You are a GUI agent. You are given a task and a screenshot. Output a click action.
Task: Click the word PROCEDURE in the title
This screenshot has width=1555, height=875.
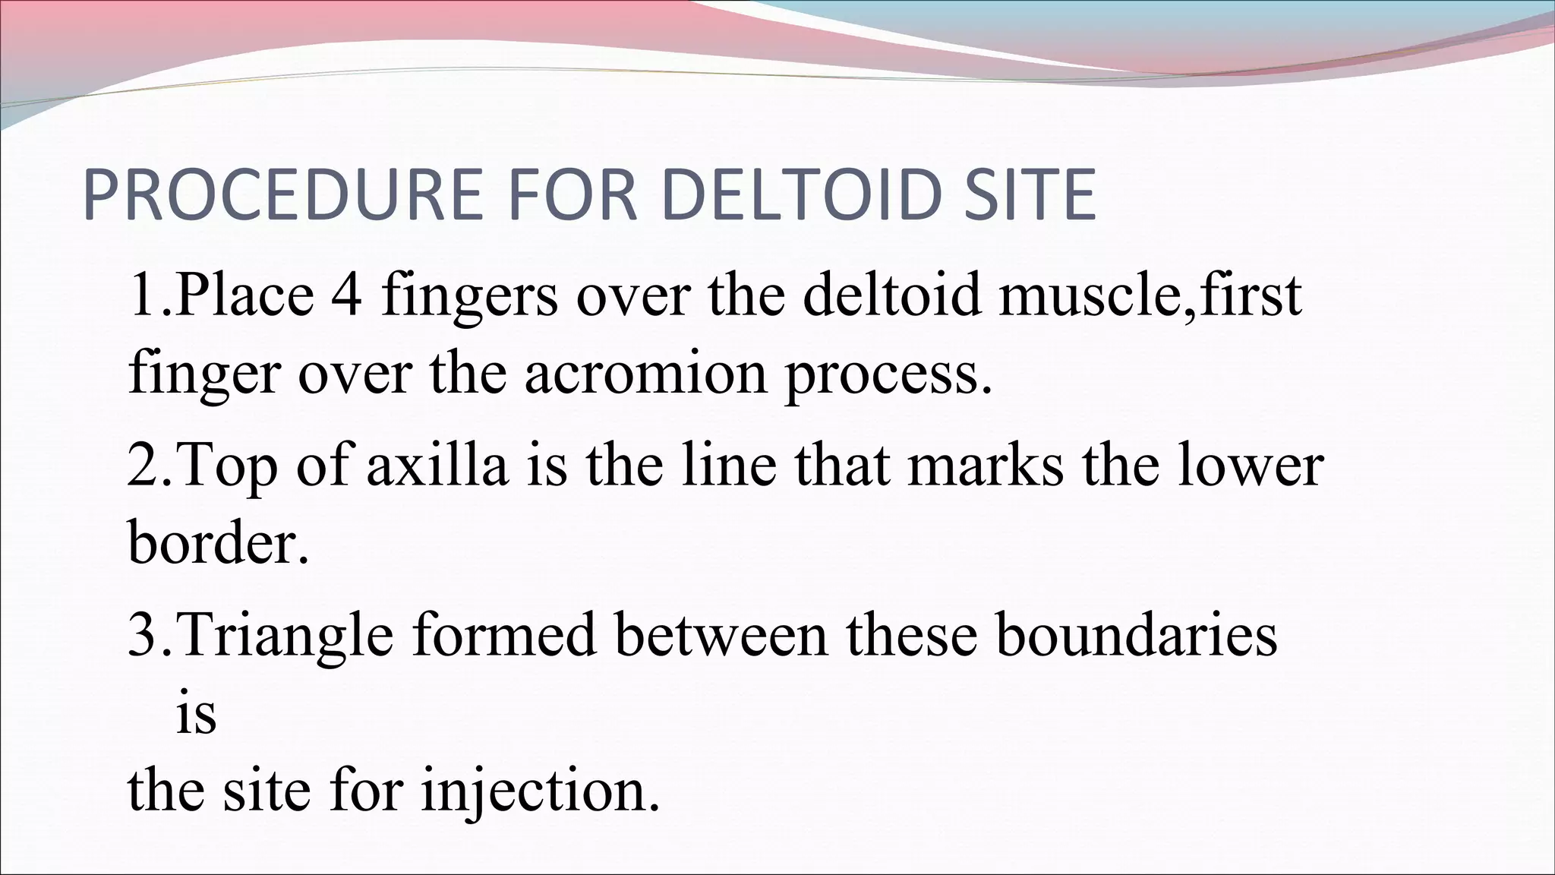282,195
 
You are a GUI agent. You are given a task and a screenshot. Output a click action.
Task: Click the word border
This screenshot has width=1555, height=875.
218,542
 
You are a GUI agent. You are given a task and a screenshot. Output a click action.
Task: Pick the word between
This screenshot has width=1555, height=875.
721,635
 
